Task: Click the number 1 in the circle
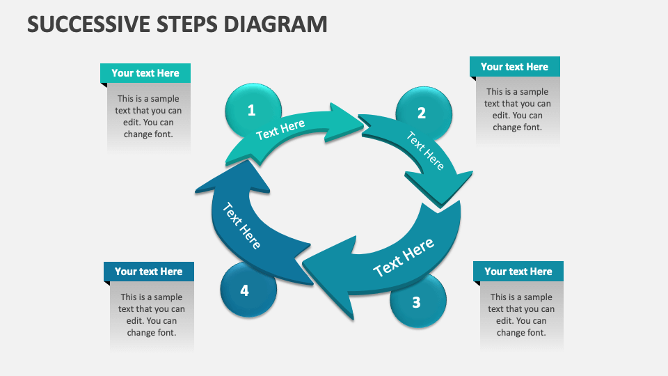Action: tap(252, 110)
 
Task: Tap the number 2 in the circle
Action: tap(422, 113)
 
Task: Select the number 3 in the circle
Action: tap(416, 302)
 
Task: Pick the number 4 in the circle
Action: tap(244, 290)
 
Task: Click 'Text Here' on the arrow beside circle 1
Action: tap(280, 130)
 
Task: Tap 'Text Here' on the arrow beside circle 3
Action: tap(404, 257)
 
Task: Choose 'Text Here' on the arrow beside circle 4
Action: tap(241, 226)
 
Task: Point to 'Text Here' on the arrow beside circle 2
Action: tap(425, 151)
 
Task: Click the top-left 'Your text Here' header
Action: tap(145, 73)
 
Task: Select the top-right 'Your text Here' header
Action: tap(514, 67)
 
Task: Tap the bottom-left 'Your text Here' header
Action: tap(149, 272)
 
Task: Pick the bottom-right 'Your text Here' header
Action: tap(518, 272)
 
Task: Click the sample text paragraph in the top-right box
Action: tap(517, 109)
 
